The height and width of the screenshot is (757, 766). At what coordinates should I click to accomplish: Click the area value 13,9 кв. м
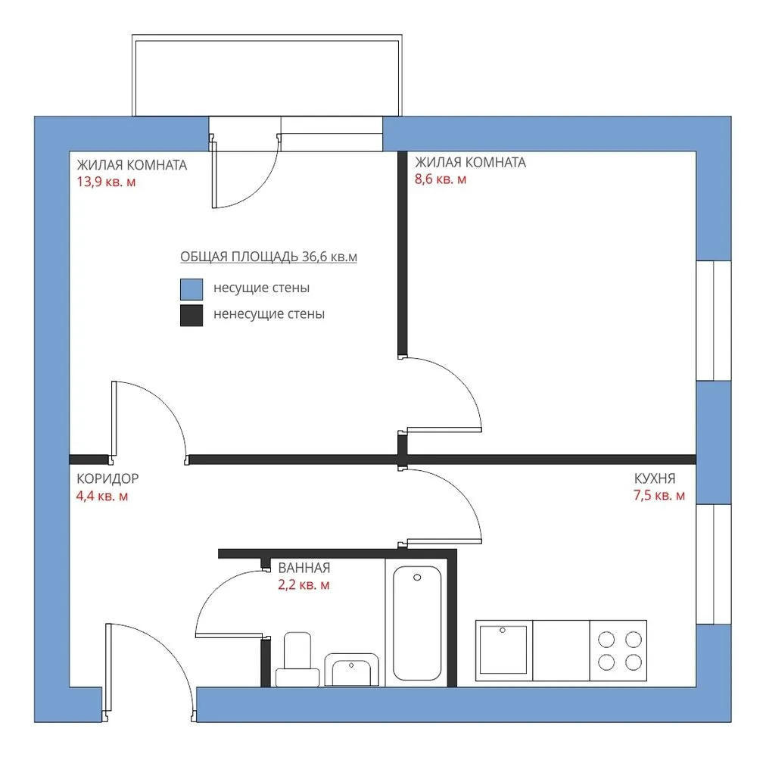click(106, 182)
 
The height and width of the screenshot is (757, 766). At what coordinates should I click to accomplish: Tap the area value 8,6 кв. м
click(441, 179)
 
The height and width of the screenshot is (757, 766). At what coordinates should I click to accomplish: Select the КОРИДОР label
click(107, 478)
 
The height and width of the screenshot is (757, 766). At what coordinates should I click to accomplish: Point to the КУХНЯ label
click(655, 478)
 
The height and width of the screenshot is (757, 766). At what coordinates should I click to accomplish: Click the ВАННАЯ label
click(304, 568)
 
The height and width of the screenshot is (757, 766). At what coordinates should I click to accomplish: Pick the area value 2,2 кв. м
click(304, 585)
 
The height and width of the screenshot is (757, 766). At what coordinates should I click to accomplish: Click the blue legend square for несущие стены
click(191, 289)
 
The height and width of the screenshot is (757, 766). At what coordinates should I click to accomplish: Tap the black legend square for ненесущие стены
click(191, 315)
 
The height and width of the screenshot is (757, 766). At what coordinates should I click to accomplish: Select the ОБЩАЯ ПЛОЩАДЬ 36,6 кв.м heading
click(269, 257)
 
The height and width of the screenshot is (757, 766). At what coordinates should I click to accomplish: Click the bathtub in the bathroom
click(417, 623)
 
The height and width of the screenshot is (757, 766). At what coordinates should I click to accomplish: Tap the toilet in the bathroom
click(297, 659)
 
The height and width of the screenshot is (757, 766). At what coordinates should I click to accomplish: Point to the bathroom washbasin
click(352, 670)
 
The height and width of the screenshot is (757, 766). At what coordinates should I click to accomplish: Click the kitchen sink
click(503, 650)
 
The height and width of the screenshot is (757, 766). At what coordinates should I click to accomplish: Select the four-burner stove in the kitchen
click(618, 650)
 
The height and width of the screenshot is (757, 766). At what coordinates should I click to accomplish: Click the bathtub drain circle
click(417, 578)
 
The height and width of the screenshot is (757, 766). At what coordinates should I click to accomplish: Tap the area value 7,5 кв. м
click(659, 496)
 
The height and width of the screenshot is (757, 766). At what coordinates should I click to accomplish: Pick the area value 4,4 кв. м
click(102, 496)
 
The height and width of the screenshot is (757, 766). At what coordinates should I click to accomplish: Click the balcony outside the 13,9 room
click(267, 75)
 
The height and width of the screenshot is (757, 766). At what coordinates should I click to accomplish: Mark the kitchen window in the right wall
click(714, 564)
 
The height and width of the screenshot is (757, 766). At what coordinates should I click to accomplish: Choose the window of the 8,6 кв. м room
click(714, 320)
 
